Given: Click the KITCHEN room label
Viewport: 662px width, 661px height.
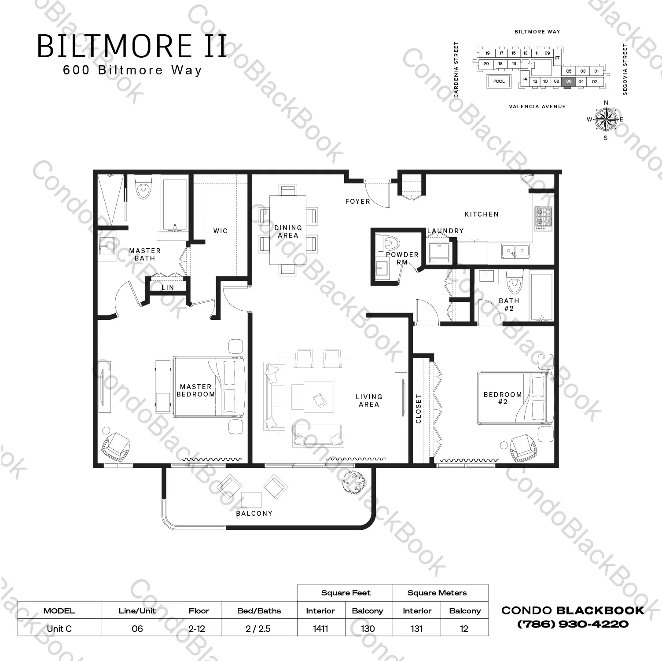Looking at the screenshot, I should [482, 214].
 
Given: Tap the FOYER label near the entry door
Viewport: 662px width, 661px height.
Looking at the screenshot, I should [357, 202].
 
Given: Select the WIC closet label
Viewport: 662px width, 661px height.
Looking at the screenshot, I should [221, 231].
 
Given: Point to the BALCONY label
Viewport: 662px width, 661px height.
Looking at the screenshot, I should [254, 514].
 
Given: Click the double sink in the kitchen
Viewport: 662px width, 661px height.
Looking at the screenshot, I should [515, 251].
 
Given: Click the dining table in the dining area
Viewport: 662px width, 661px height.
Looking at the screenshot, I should [288, 230].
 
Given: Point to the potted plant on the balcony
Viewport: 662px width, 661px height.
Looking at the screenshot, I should [353, 481].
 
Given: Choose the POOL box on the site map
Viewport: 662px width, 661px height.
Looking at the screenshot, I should [499, 81].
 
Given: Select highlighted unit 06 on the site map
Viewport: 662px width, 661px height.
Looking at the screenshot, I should [569, 82].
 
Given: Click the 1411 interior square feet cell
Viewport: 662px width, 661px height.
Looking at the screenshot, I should [320, 628].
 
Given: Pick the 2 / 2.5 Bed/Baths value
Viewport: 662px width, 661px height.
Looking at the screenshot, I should [258, 628].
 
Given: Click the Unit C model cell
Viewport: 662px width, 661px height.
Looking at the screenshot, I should [59, 628].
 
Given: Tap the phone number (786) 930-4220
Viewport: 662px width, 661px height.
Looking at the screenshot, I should [573, 624].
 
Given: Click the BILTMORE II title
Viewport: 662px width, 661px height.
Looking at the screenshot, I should [132, 46].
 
